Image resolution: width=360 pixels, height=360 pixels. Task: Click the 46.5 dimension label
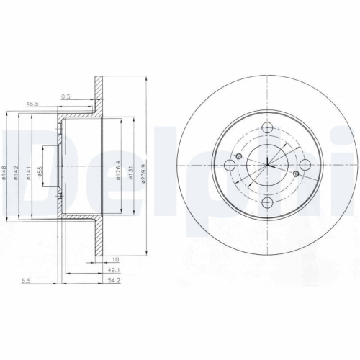point(32,104)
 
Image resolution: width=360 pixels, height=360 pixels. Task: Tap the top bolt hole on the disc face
point(268,129)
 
